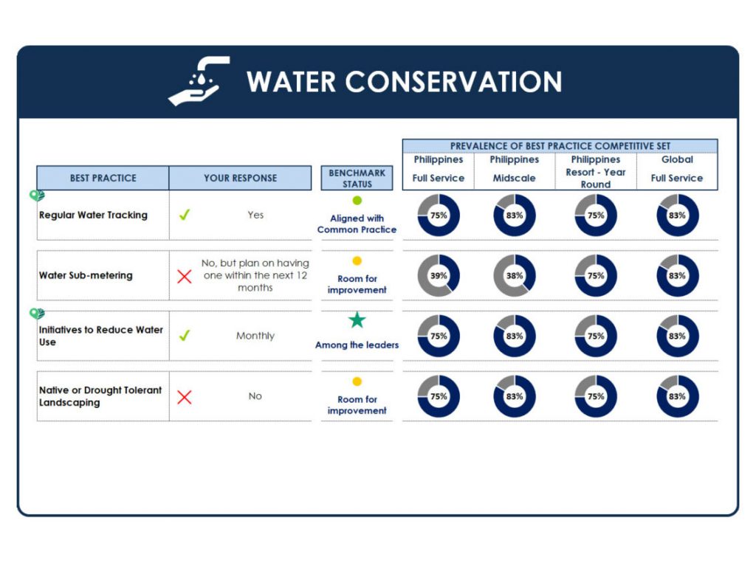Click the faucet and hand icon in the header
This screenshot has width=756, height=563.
coord(199,81)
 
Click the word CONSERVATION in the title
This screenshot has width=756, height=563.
coord(453,81)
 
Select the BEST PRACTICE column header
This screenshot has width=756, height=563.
coord(103,178)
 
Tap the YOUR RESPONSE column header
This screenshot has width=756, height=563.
coord(240,178)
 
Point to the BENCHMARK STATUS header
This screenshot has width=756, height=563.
coord(357,178)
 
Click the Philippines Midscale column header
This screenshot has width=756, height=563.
coord(514,169)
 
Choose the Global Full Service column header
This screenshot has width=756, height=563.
coord(677,169)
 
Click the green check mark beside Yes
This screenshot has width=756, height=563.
coord(184,215)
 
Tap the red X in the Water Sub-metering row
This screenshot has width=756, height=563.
coord(184,276)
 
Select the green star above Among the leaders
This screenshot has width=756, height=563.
coord(357,320)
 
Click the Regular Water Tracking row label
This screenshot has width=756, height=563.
coord(93,215)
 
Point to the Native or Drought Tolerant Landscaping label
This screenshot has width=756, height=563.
coord(100,396)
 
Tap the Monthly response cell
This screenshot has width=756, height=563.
coord(255,336)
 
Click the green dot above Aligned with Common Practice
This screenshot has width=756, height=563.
coord(357,201)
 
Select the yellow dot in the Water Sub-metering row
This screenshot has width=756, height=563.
coord(357,260)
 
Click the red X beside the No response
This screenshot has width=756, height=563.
coord(184,397)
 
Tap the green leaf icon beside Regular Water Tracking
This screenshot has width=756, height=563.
coord(37,196)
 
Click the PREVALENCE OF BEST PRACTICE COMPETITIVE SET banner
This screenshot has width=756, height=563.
coord(560,145)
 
